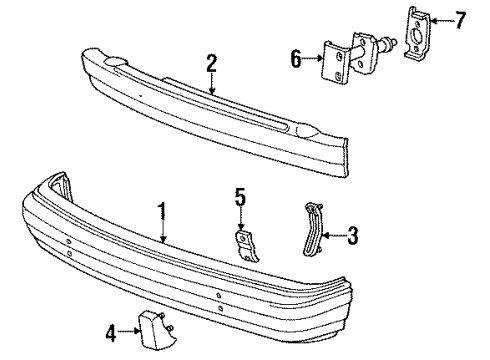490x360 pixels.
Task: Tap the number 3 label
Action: coord(352,236)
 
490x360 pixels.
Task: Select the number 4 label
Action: coord(112,329)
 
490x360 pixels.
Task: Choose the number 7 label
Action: coord(461,19)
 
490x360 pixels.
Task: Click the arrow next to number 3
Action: coord(335,236)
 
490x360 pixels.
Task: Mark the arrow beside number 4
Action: coord(130,329)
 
